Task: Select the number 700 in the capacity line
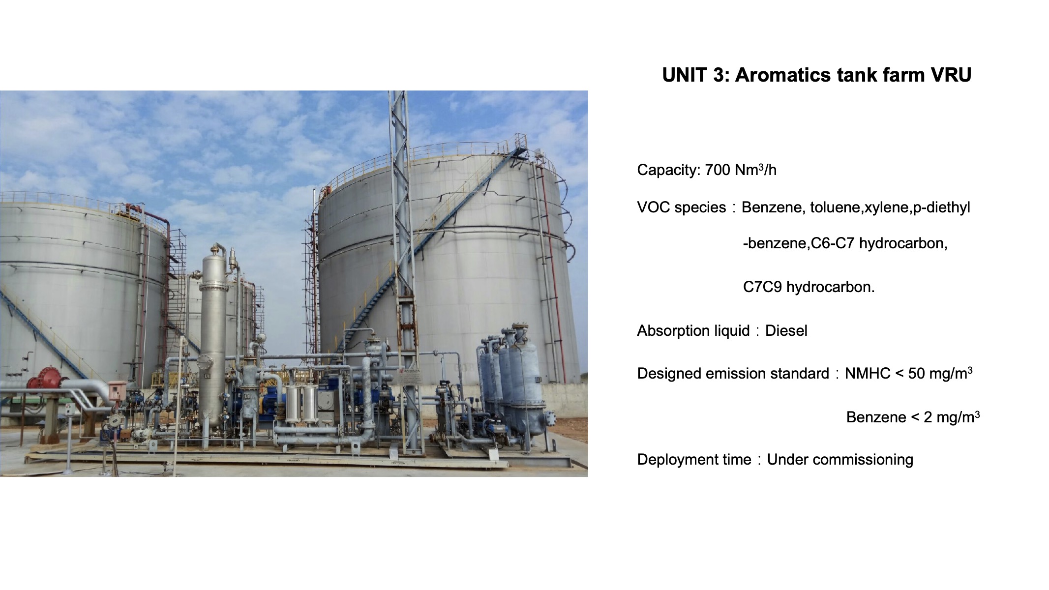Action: point(718,170)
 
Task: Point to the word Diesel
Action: point(786,330)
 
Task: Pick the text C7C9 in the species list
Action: point(762,287)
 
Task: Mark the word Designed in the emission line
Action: point(667,374)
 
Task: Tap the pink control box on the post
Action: point(117,389)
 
